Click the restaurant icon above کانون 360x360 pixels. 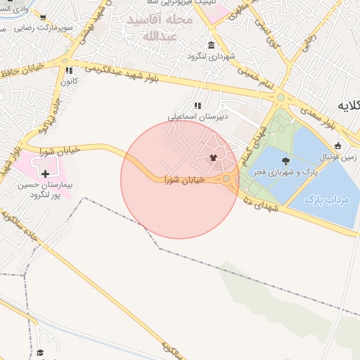click(69, 70)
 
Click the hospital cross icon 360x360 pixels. click(46, 173)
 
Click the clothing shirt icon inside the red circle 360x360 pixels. click(213, 158)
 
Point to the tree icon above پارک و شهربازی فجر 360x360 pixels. click(285, 161)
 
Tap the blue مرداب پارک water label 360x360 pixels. click(327, 200)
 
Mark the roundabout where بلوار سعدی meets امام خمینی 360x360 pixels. click(280, 98)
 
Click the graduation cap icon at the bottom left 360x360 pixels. click(41, 352)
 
